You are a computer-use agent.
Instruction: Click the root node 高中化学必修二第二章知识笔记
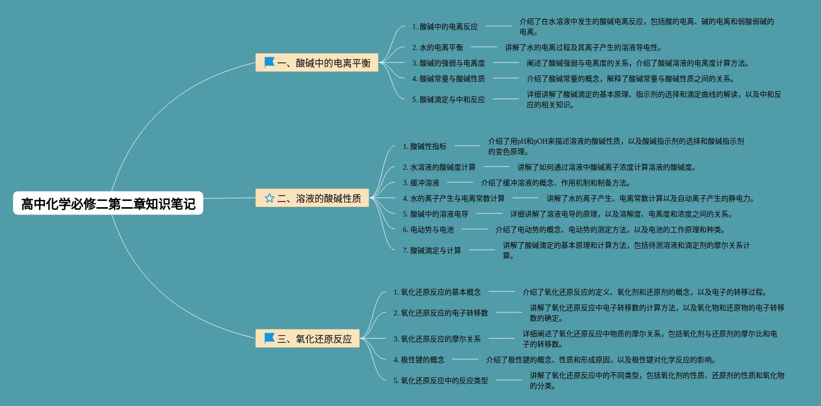click(x=108, y=204)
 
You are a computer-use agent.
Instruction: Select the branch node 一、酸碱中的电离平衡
click(x=317, y=63)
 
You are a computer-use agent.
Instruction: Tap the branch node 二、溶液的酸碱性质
click(x=312, y=198)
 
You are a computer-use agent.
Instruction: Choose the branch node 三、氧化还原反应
click(x=307, y=339)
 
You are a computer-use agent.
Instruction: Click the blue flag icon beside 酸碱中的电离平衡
click(x=269, y=62)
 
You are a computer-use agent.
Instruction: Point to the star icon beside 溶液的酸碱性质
click(x=269, y=198)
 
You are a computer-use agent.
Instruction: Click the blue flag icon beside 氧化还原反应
click(x=269, y=338)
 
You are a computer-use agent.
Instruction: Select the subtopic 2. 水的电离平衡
click(x=438, y=47)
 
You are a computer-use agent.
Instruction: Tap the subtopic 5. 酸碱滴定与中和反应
click(x=449, y=99)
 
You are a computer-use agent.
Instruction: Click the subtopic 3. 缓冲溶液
click(x=421, y=183)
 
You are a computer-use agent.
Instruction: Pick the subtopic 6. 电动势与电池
click(x=428, y=230)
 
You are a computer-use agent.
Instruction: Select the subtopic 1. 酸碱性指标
click(x=425, y=146)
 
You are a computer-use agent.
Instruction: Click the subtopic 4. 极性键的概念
click(x=419, y=360)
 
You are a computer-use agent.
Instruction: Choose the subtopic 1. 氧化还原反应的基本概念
click(x=437, y=292)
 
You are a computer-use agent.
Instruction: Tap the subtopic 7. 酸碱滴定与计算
click(x=432, y=250)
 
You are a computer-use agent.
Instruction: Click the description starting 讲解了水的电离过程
click(x=583, y=47)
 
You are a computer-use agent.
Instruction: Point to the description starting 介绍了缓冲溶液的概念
click(x=556, y=183)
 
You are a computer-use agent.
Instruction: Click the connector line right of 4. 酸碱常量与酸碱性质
click(x=506, y=79)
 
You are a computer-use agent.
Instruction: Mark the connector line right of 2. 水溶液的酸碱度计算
click(x=497, y=167)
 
